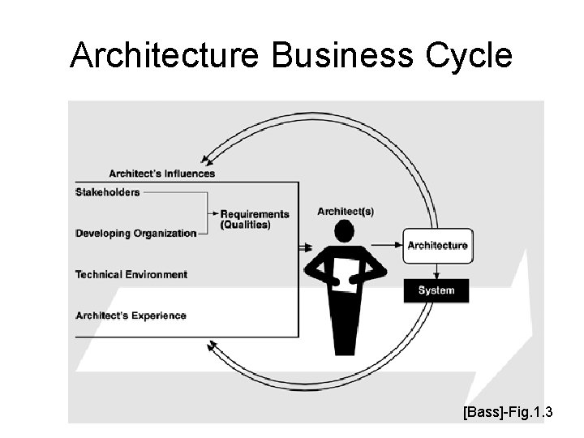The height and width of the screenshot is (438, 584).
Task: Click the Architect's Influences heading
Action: pyautogui.click(x=162, y=173)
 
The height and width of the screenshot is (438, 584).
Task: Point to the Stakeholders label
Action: pyautogui.click(x=107, y=192)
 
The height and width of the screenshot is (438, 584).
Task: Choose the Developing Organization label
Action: pyautogui.click(x=135, y=234)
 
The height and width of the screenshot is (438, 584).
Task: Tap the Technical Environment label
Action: pyautogui.click(x=131, y=275)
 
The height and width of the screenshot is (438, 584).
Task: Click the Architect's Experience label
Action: pyautogui.click(x=131, y=316)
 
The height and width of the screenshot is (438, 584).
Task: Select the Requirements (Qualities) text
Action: pyautogui.click(x=254, y=219)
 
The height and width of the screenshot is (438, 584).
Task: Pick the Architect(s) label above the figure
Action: pyautogui.click(x=346, y=211)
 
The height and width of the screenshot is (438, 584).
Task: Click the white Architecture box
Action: pyautogui.click(x=436, y=245)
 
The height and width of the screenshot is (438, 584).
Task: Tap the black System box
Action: pyautogui.click(x=436, y=290)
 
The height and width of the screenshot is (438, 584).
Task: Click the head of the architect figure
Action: pyautogui.click(x=346, y=233)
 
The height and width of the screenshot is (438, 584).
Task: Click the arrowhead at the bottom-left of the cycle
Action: pyautogui.click(x=213, y=347)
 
